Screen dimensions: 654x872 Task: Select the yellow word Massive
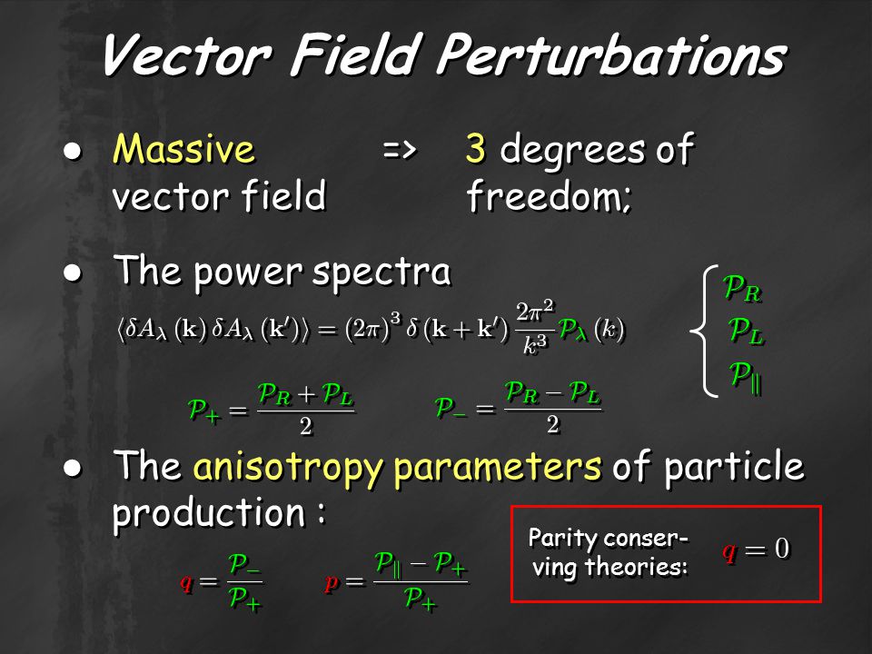(183, 149)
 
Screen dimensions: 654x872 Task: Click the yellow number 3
(476, 149)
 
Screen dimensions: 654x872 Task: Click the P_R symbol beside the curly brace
(741, 290)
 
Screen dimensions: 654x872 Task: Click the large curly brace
(703, 332)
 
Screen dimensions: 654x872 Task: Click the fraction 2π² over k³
(535, 328)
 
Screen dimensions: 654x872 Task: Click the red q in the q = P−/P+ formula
(185, 583)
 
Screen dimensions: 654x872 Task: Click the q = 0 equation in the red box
(756, 550)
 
